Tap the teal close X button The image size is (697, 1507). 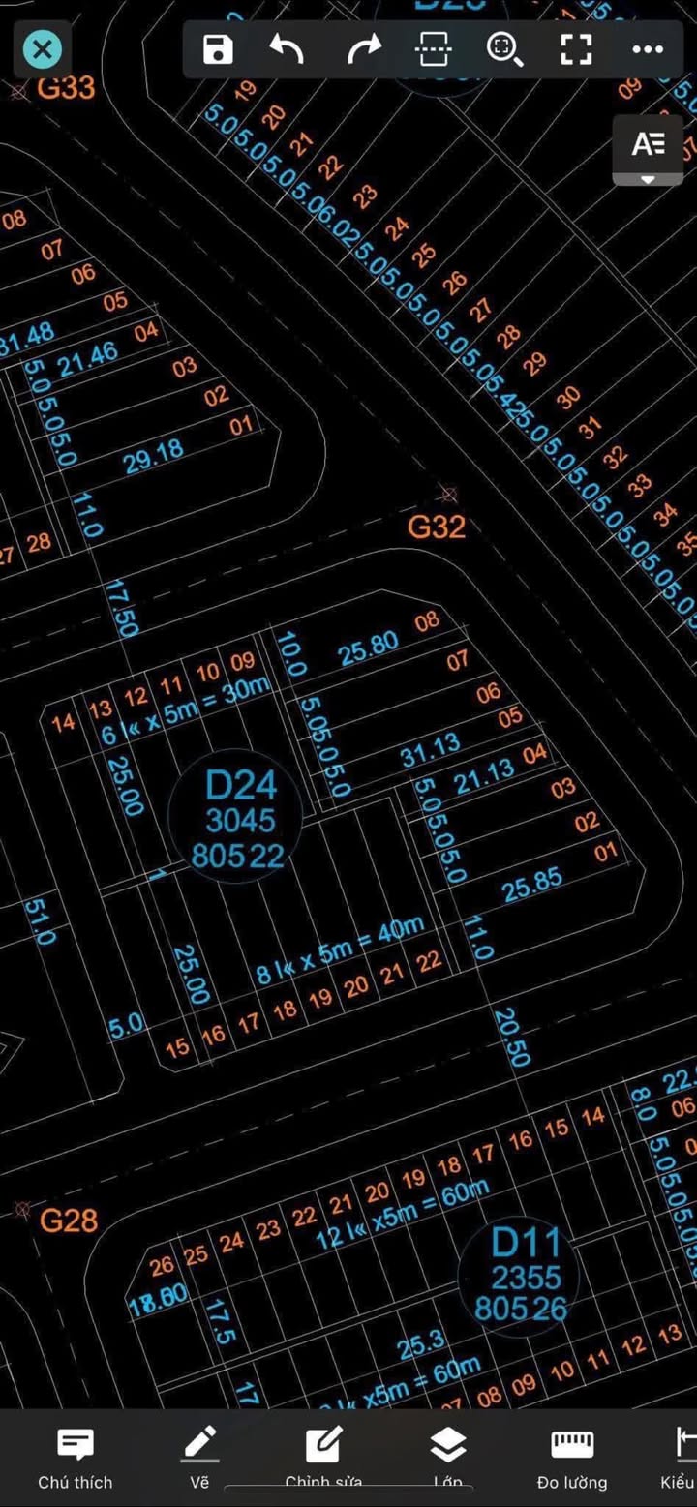coord(43,49)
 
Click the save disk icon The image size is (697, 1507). coord(218,49)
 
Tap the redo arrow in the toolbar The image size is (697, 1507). coord(364,49)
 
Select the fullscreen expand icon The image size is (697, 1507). coord(576,49)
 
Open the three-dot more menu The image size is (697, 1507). coord(647,49)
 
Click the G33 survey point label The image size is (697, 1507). coord(66,88)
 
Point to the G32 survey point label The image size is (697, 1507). coord(437,527)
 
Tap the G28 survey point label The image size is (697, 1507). coord(69,1221)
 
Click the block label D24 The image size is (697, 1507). coord(241,785)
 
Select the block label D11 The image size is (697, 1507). coord(526,1243)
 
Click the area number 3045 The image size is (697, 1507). coord(240,821)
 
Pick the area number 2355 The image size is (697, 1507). coord(526,1278)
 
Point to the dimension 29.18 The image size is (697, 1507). coord(154,457)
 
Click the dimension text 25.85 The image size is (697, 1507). coord(532,885)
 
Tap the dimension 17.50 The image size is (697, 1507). coord(122,608)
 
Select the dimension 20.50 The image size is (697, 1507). coord(511,1037)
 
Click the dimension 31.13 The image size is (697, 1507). coord(431,750)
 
